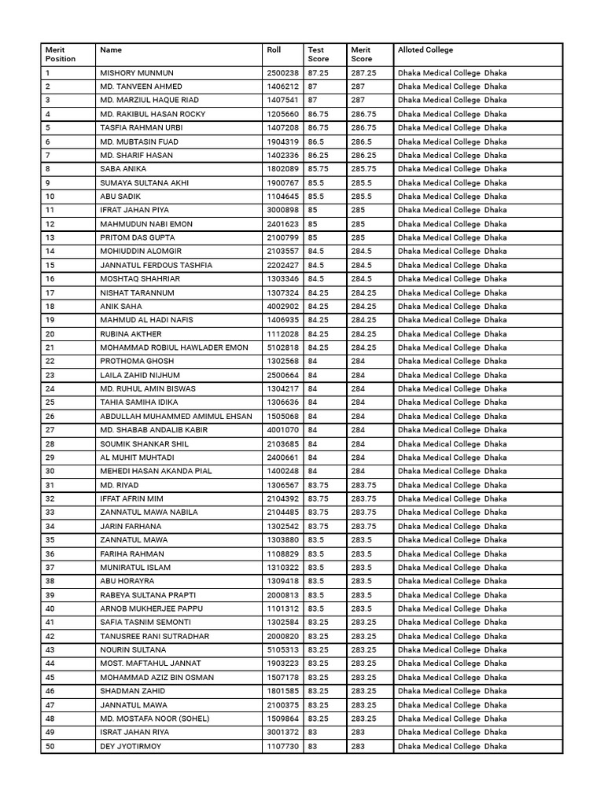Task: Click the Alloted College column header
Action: [425, 50]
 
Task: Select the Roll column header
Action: [274, 50]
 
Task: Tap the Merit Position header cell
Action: [61, 54]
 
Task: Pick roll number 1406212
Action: [282, 86]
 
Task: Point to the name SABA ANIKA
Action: [123, 169]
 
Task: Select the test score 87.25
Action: [319, 73]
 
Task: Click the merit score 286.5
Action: [362, 142]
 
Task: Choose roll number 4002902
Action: [282, 307]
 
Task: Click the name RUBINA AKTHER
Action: [131, 334]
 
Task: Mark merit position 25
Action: [50, 402]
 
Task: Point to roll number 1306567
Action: [282, 485]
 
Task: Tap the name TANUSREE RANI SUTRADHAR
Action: [154, 636]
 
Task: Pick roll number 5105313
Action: [282, 650]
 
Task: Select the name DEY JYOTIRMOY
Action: [130, 746]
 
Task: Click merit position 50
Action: [50, 746]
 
